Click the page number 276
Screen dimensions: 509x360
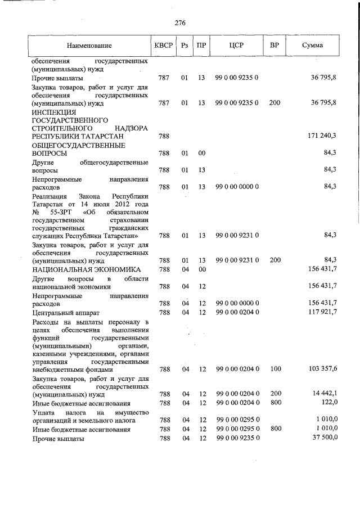pyautogui.click(x=180, y=23)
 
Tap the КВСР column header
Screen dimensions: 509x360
pyautogui.click(x=164, y=45)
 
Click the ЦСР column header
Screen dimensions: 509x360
pyautogui.click(x=236, y=45)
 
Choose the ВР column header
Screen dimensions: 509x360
pyautogui.click(x=274, y=45)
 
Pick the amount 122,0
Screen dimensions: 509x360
pyautogui.click(x=327, y=403)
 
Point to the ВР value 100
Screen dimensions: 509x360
pyautogui.click(x=274, y=370)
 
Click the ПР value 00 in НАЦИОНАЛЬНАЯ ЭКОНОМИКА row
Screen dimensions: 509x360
pyautogui.click(x=201, y=270)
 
